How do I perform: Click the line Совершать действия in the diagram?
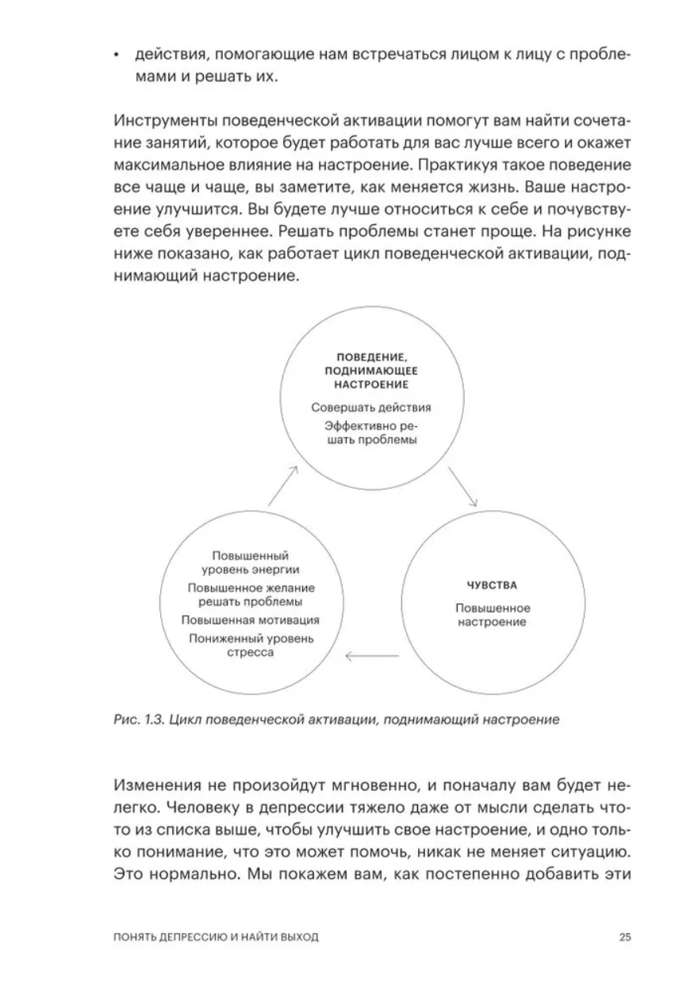tap(371, 409)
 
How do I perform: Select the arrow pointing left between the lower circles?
tap(372, 655)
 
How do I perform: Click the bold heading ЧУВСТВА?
tap(492, 586)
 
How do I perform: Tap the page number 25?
tap(625, 937)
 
